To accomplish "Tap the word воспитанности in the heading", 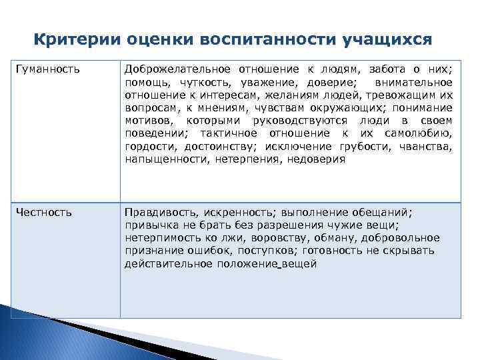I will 264,39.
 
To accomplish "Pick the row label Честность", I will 44,212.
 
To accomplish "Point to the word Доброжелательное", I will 177,69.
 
